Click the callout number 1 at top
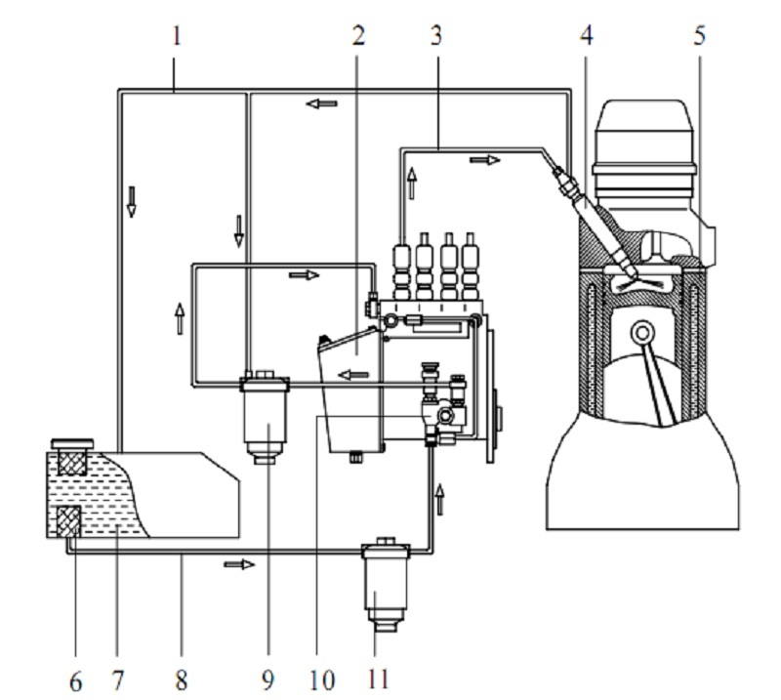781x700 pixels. click(x=177, y=36)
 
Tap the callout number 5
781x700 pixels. click(x=700, y=36)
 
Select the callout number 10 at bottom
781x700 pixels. click(x=322, y=680)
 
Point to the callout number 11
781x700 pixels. click(x=377, y=679)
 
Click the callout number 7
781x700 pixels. click(x=117, y=680)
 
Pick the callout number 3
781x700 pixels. click(x=435, y=36)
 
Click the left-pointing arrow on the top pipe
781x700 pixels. click(x=322, y=103)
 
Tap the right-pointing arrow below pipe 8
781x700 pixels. click(x=239, y=564)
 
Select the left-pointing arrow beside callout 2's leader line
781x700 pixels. click(x=353, y=374)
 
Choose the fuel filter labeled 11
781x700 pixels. click(x=386, y=585)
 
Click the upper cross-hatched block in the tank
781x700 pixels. click(x=72, y=463)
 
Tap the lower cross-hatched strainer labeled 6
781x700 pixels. click(x=69, y=521)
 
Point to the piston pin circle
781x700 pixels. click(x=642, y=332)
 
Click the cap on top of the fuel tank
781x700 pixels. click(x=72, y=443)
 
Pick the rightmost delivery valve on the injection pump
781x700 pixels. click(x=471, y=267)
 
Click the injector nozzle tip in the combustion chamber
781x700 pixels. click(x=631, y=272)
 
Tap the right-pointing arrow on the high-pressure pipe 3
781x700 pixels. click(x=484, y=160)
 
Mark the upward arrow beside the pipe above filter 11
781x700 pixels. click(x=439, y=499)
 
